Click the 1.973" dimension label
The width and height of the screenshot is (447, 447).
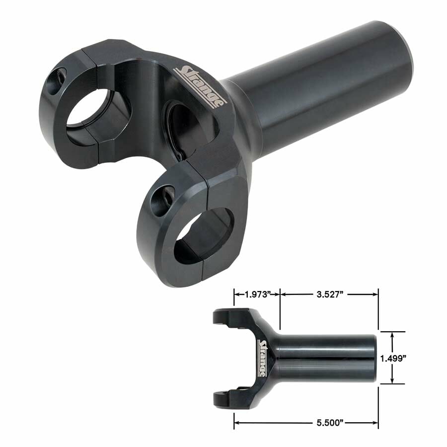(x=256, y=294)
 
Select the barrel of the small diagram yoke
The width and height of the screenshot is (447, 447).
(x=328, y=358)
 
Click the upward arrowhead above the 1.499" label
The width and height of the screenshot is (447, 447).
(x=392, y=335)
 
